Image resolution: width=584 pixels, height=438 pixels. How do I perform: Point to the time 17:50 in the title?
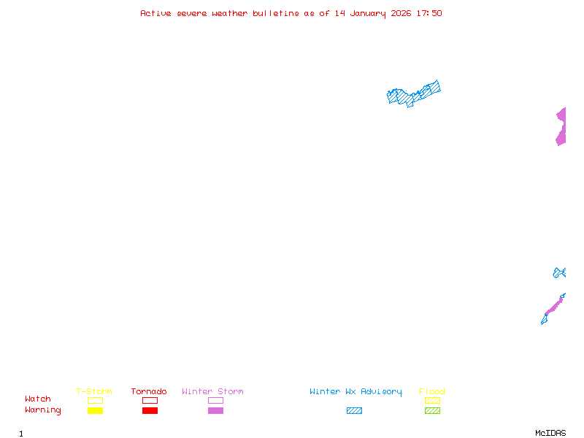429,13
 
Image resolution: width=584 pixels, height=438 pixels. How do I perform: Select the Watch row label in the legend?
38,399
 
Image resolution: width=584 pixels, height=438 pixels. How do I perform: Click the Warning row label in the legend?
43,410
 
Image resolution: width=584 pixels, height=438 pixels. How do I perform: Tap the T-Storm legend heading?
94,392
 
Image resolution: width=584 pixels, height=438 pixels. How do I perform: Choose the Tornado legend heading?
149,392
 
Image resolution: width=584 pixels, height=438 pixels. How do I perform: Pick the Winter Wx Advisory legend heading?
356,392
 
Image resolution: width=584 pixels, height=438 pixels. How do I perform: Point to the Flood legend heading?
432,392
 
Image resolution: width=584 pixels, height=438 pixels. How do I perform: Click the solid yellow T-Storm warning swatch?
95,411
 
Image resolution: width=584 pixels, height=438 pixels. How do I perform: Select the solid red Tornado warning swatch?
150,411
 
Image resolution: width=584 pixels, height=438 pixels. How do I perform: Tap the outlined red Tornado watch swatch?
150,400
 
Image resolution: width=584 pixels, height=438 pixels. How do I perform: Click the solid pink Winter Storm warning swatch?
215,411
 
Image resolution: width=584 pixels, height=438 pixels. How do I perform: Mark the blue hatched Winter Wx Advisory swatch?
354,411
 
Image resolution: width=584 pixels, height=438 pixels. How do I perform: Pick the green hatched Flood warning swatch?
432,411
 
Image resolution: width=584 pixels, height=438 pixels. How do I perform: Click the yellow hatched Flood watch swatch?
432,400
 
